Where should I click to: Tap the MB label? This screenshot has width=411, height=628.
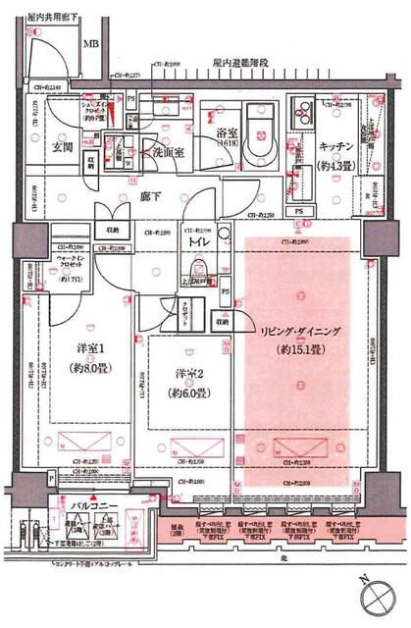(x=90, y=44)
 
